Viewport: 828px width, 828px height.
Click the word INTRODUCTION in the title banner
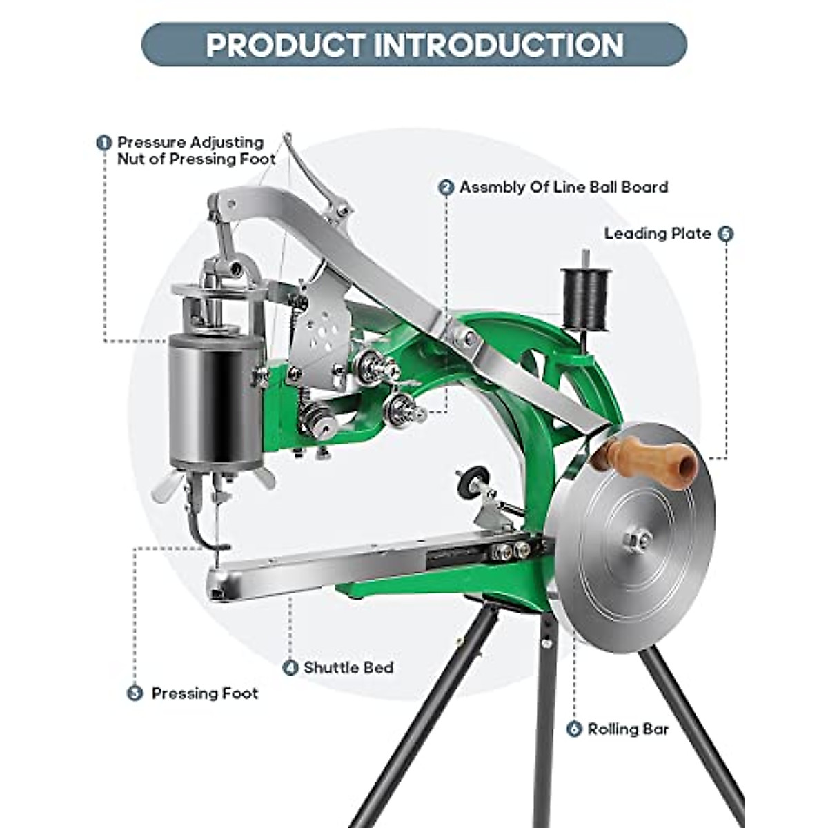(498, 45)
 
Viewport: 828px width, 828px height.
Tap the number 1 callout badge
(103, 143)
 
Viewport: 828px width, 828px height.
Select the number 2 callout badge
(446, 188)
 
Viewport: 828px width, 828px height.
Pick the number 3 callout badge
(135, 693)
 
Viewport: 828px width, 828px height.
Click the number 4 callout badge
(290, 668)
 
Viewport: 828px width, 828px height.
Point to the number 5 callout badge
(725, 234)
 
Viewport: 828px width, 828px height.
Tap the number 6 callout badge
(574, 729)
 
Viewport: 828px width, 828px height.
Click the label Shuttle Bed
(348, 668)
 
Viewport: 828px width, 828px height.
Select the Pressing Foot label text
(205, 693)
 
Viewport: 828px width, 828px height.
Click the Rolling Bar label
(628, 729)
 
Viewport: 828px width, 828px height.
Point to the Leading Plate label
(657, 234)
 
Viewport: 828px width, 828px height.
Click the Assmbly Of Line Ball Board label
(564, 188)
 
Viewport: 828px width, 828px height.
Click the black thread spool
(586, 298)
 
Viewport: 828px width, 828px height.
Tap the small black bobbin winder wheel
(473, 480)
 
